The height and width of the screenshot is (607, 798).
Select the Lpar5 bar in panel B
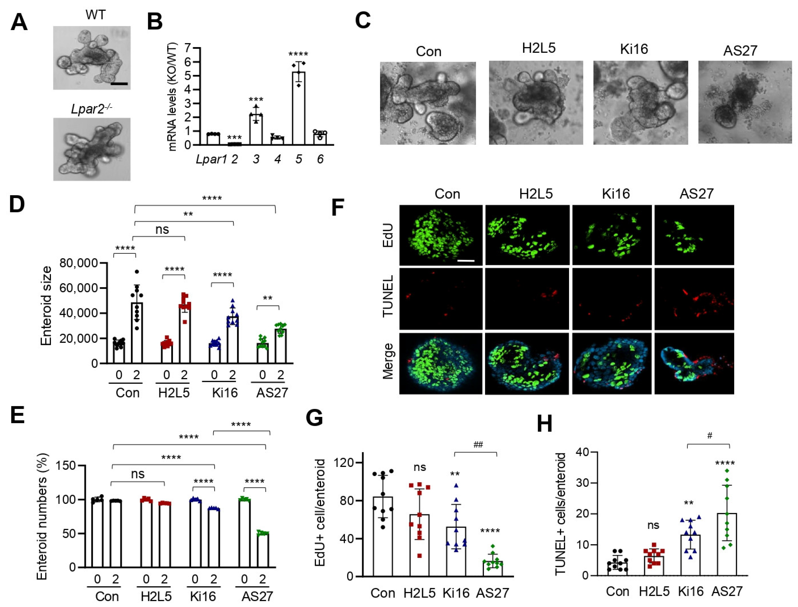(x=298, y=108)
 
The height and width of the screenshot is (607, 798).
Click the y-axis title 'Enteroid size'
(x=46, y=306)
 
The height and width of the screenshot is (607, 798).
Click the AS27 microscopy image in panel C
(x=745, y=102)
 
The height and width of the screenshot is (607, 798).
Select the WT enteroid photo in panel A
(x=92, y=58)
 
